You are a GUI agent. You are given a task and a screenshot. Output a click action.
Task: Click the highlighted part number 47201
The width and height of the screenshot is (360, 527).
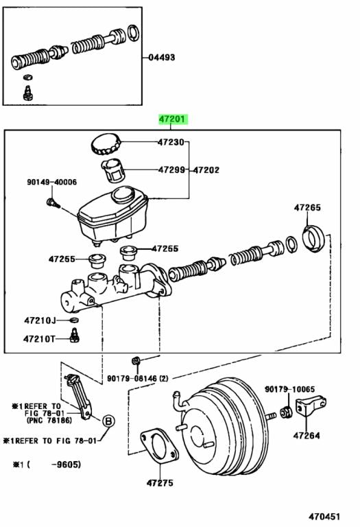(x=172, y=119)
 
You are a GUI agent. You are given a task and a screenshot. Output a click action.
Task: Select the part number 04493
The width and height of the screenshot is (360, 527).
(x=162, y=58)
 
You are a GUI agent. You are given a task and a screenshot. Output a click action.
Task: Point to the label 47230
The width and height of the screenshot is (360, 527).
(x=172, y=143)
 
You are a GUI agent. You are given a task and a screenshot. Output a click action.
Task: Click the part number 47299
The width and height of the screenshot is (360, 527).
(x=172, y=169)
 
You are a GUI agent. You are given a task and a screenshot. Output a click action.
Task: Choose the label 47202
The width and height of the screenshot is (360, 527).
(x=206, y=169)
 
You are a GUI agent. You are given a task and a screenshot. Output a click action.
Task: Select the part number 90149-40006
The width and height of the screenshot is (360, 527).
(x=52, y=182)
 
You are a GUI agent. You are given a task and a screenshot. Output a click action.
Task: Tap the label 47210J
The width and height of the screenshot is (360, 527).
(x=38, y=320)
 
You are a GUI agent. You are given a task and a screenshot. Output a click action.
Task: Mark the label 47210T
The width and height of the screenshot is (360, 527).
(x=38, y=338)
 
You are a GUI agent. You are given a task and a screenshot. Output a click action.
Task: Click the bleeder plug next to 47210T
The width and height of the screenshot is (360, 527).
(x=75, y=336)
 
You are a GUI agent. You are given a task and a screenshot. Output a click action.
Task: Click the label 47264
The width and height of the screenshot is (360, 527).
(x=307, y=435)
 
